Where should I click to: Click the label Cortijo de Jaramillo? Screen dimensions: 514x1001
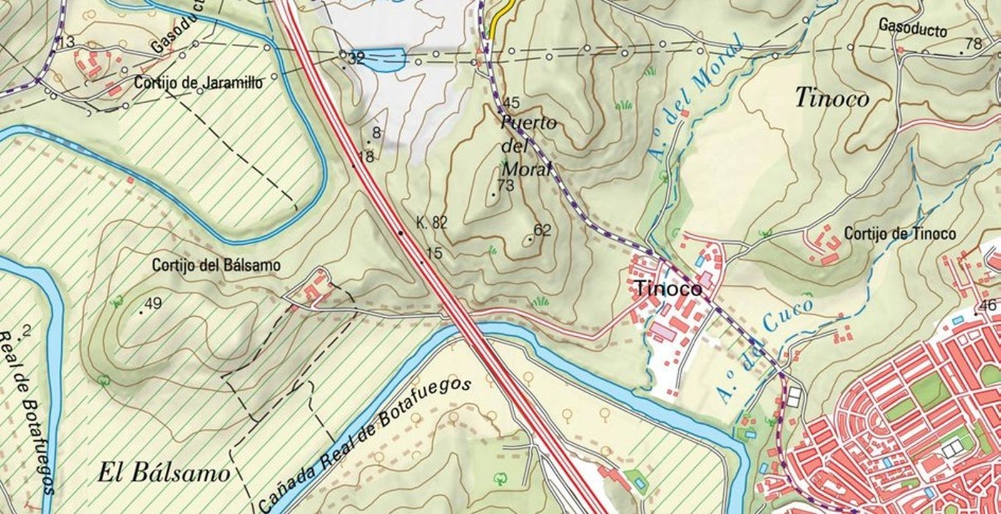pyautogui.click(x=198, y=83)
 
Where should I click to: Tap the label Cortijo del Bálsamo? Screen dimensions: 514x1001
pyautogui.click(x=216, y=265)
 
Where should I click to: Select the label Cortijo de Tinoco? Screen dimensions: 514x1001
pyautogui.click(x=900, y=234)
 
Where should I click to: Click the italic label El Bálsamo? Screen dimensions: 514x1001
pyautogui.click(x=164, y=473)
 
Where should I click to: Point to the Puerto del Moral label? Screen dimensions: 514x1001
pyautogui.click(x=527, y=146)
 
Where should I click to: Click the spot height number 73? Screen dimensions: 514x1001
pyautogui.click(x=505, y=185)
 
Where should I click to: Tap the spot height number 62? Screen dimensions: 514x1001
pyautogui.click(x=542, y=230)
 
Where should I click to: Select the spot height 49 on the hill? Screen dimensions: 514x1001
pyautogui.click(x=153, y=304)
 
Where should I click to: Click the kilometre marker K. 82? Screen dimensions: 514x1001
pyautogui.click(x=432, y=222)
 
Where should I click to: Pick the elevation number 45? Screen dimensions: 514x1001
pyautogui.click(x=511, y=103)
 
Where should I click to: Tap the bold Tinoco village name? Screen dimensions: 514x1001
pyautogui.click(x=667, y=289)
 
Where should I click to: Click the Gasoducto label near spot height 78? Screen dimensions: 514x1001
pyautogui.click(x=913, y=28)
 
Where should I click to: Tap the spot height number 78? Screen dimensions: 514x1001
pyautogui.click(x=974, y=44)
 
